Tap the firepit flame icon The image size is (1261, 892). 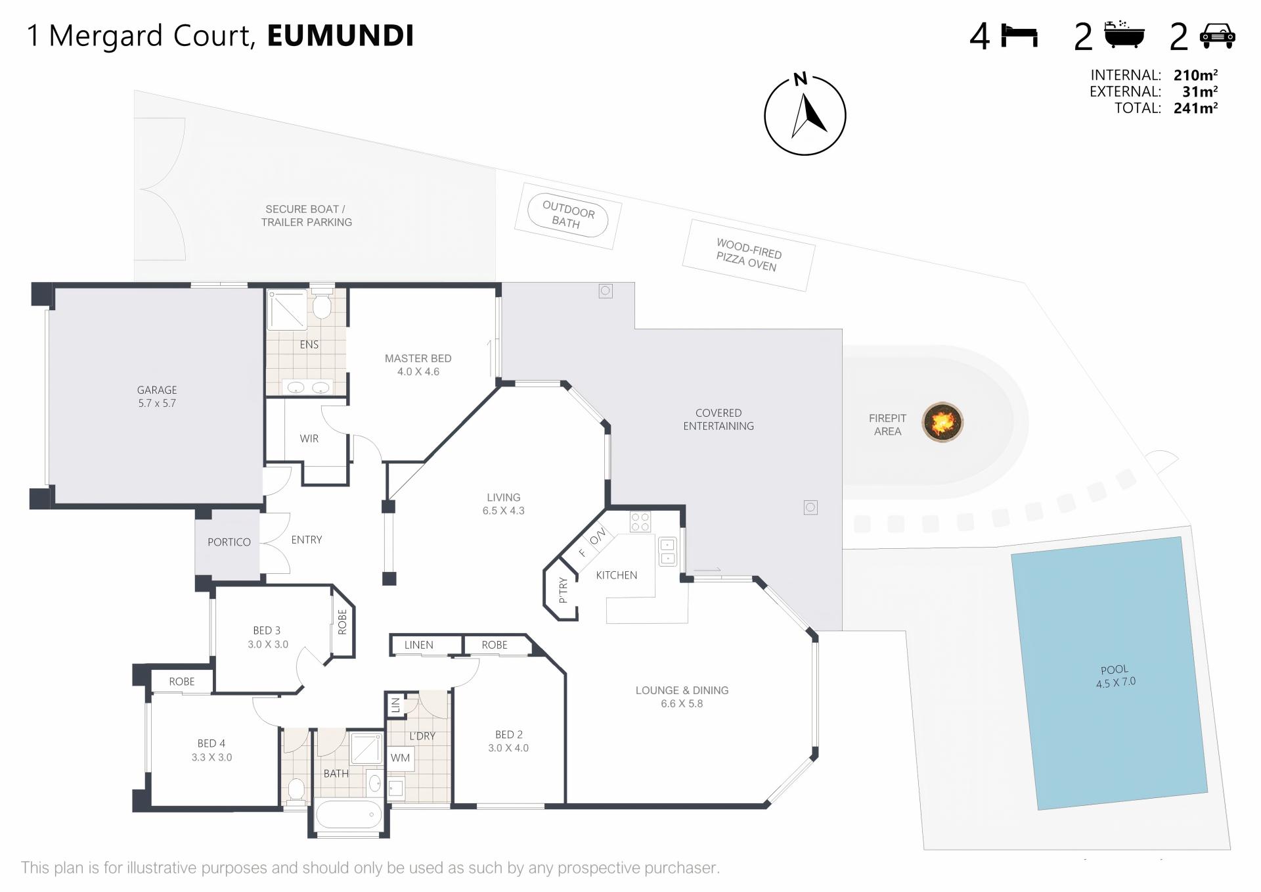coord(942,422)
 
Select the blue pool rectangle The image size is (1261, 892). coord(1110,673)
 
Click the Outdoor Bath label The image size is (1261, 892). coord(567,215)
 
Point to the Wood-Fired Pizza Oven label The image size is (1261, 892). coord(748,255)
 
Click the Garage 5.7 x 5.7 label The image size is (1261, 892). coord(157,396)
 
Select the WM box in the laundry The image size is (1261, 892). coord(400,758)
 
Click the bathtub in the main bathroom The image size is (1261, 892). coord(349,815)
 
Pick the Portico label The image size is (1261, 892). coord(229,542)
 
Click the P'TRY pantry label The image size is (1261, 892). coord(563,590)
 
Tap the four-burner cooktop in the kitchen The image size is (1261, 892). coord(640,522)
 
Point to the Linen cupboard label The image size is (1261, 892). coord(419,645)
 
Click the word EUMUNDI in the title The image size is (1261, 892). coord(341,35)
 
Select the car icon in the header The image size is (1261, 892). coord(1218,35)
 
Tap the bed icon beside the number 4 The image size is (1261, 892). coord(1019,35)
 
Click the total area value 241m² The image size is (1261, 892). coord(1196,108)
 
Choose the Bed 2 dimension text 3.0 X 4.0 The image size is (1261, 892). coord(508,748)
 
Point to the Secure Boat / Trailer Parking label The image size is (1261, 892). coord(306,216)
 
